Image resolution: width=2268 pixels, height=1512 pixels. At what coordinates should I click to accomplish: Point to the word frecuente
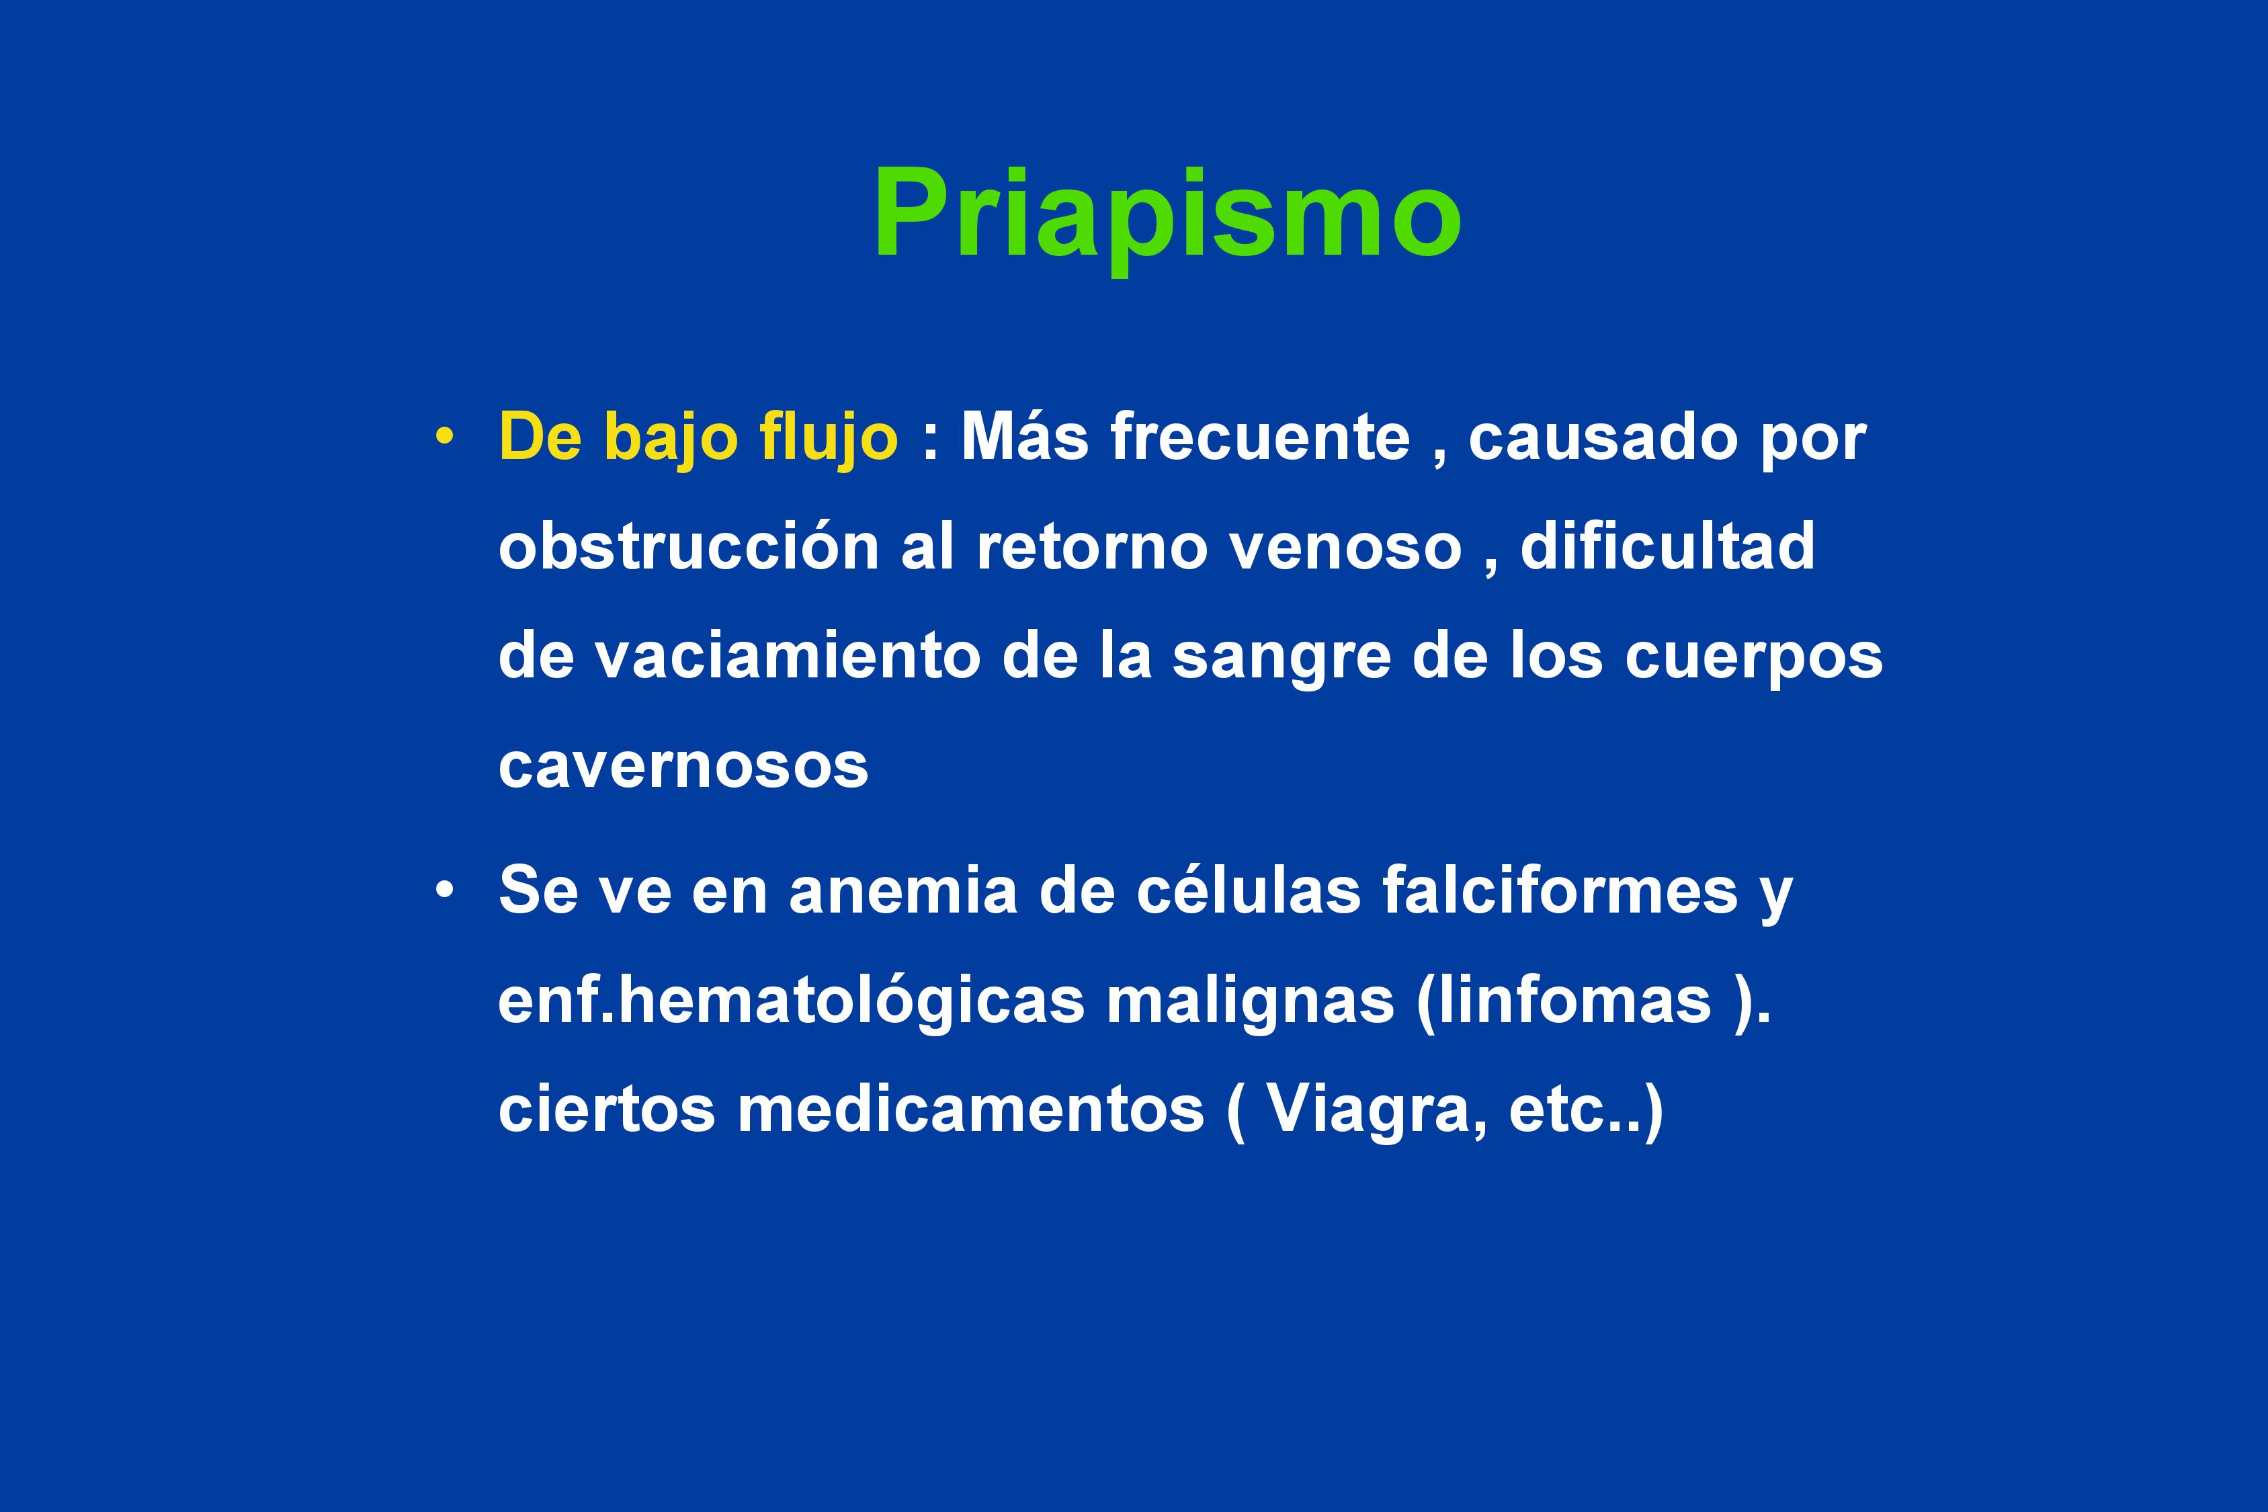1260,437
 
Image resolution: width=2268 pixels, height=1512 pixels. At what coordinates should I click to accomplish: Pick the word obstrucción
689,545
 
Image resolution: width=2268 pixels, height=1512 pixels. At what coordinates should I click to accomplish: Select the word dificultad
1667,545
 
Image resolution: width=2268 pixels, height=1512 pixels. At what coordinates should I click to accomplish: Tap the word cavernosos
683,767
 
